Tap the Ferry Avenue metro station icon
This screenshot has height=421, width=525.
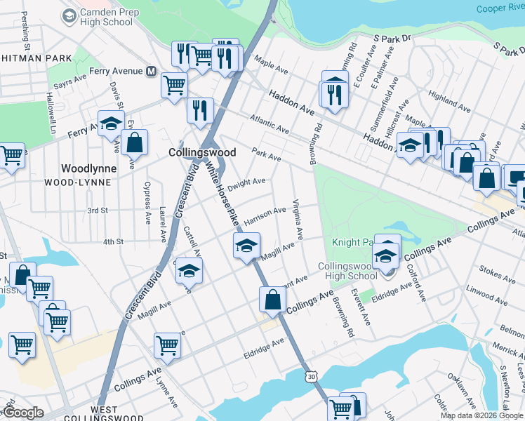(x=150, y=71)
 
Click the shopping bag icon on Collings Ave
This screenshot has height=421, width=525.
(x=272, y=300)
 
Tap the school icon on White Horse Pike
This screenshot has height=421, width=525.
(x=246, y=246)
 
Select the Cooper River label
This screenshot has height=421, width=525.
(x=500, y=8)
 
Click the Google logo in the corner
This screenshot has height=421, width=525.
(x=22, y=413)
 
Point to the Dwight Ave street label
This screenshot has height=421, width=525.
(x=251, y=182)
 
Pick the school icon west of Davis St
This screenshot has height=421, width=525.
(x=110, y=125)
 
